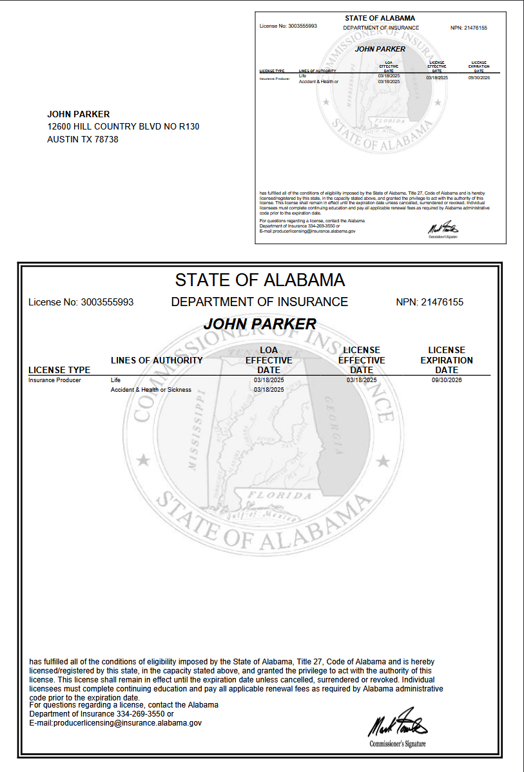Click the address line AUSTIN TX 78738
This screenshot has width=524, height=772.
coord(82,139)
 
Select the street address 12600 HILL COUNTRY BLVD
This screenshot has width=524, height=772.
coord(123,126)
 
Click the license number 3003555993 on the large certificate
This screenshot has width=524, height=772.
coord(106,302)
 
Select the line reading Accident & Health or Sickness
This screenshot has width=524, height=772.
coord(151,390)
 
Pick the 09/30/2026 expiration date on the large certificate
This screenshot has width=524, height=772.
coord(447,380)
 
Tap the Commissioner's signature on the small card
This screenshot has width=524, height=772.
coord(443,227)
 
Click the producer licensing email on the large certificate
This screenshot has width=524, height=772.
coord(116,724)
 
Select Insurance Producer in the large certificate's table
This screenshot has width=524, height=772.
coord(55,380)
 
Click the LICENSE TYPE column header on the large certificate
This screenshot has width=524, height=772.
coord(59,370)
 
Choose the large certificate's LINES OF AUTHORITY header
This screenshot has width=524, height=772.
coord(157,360)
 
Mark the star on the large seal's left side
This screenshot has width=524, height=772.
coord(145,461)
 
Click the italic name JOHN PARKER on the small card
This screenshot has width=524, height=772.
coord(380,49)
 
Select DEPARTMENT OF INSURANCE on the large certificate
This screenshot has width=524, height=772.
coord(259,302)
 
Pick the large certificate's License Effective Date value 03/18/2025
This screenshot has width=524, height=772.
coord(361,380)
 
